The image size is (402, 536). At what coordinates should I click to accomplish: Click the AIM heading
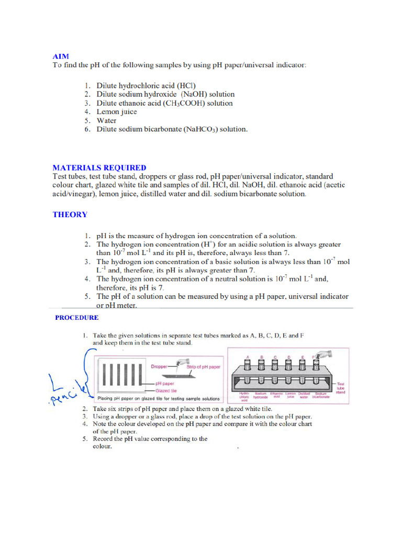click(61, 56)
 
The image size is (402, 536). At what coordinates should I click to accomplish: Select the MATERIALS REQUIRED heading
click(99, 167)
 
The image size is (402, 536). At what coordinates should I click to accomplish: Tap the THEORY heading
click(70, 215)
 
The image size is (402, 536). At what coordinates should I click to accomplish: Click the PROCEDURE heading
click(77, 317)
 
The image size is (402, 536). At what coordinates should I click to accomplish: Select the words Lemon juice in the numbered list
click(117, 111)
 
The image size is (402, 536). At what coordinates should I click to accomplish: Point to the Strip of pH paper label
click(204, 367)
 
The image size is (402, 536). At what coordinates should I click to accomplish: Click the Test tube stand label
click(341, 388)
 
